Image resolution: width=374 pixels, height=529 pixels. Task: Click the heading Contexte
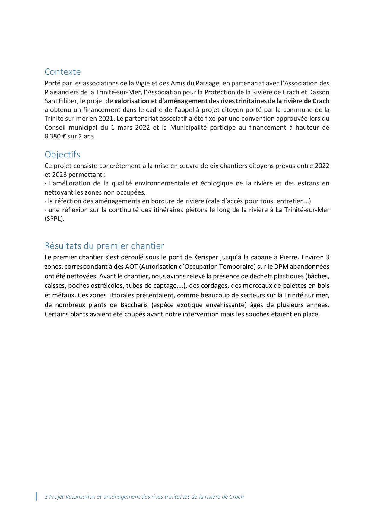click(63, 72)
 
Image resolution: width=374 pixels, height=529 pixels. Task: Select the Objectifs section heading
click(62, 154)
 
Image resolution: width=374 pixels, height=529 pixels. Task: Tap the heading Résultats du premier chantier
click(104, 246)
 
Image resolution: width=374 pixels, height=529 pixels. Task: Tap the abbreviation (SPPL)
click(55, 219)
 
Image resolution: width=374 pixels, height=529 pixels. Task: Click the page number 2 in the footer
click(46, 497)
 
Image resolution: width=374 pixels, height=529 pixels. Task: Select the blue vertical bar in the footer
click(36, 496)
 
